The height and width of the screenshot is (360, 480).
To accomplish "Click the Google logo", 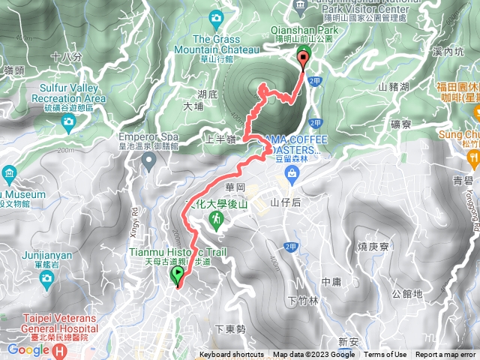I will point(28,349).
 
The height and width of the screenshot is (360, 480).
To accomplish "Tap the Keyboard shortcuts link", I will point(232,355).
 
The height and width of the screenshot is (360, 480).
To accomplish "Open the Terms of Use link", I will point(385,355).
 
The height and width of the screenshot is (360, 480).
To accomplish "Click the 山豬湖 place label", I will point(394,87).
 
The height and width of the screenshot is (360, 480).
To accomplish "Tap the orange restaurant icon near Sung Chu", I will point(474,157).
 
